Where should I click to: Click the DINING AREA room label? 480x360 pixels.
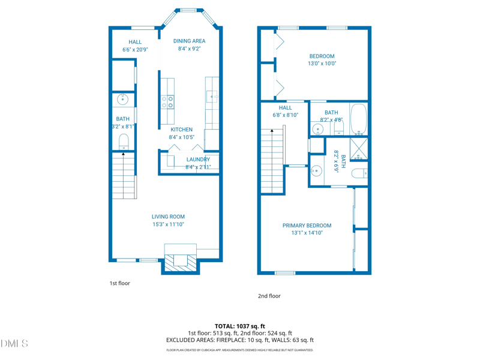(189, 41)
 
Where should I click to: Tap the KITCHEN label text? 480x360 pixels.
(181, 130)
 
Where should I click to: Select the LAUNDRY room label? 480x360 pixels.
(197, 160)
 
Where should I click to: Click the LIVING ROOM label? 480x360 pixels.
(168, 217)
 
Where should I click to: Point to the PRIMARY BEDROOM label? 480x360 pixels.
(307, 226)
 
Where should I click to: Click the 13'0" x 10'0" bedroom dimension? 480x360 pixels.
(322, 64)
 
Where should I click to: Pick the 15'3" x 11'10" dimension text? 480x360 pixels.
(168, 224)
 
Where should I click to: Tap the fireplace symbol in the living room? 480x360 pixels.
(181, 259)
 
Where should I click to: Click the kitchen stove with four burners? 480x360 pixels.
(167, 101)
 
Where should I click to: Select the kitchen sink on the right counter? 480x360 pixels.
(212, 97)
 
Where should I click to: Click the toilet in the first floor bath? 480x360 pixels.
(124, 142)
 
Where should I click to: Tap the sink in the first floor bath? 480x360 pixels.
(122, 99)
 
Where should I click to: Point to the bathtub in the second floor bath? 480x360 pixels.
(358, 119)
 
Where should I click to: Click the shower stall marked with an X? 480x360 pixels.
(358, 149)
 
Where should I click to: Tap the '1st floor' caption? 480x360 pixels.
(119, 283)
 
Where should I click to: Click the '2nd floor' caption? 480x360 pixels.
(269, 296)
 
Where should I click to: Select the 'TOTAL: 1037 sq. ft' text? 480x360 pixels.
(240, 326)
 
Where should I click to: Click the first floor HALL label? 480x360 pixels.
(135, 42)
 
